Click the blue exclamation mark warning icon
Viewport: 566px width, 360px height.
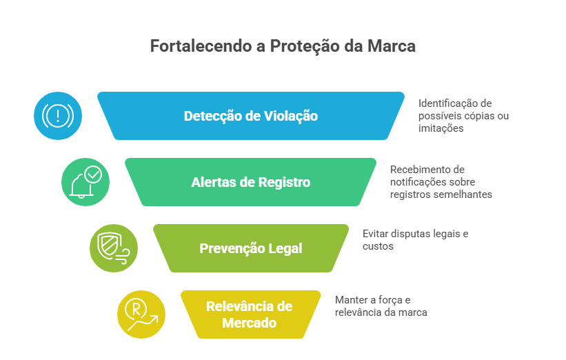59,116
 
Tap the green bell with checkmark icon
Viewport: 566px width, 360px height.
85,182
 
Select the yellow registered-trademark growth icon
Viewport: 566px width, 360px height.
141,314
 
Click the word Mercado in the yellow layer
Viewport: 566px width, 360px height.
250,323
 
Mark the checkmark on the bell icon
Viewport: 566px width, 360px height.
93,174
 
